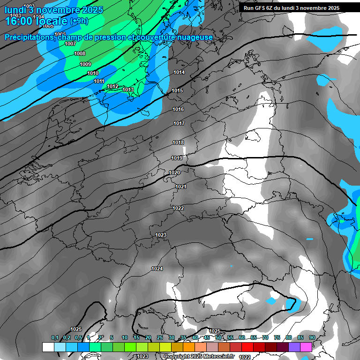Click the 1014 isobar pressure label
[179, 72]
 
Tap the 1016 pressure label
[178, 109]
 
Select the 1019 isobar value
[177, 158]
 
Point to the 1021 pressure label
[181, 187]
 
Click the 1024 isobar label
[157, 269]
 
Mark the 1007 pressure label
[70, 44]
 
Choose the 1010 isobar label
[93, 73]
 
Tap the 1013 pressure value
[128, 90]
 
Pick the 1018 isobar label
[178, 142]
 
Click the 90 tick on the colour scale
[312, 337]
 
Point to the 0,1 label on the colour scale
[55, 337]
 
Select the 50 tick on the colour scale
[218, 337]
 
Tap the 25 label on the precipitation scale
[160, 337]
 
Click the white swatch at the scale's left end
[48, 347]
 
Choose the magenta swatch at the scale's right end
[306, 347]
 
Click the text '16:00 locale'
[36, 21]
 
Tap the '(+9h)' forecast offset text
[79, 21]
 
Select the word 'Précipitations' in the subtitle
[29, 37]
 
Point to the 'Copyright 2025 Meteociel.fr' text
[206, 356]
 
